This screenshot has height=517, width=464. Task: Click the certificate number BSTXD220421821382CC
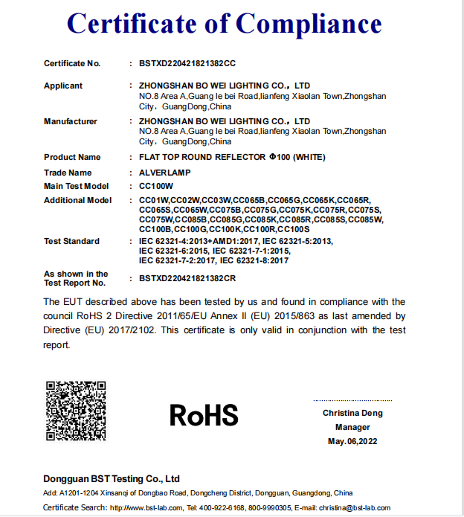pos(187,63)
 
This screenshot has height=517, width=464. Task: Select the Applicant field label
pos(63,86)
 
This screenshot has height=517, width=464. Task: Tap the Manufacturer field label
pos(71,121)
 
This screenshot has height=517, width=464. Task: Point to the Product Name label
pos(72,157)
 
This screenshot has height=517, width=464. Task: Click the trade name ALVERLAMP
pos(167,173)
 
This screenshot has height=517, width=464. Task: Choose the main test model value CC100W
pos(156,186)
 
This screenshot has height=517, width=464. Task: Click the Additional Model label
pos(77,200)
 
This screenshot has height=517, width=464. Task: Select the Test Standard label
pos(71,241)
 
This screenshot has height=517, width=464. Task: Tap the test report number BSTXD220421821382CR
pos(187,278)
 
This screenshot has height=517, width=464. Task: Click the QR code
pos(76,411)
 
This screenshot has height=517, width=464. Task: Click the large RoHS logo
pos(204,414)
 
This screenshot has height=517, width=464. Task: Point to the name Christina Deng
pos(352,413)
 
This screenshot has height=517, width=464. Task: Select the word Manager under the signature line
pos(352,427)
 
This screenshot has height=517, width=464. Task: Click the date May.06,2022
pos(352,441)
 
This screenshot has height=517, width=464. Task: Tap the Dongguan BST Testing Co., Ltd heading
pos(112,478)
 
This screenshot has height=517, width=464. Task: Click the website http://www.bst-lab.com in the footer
pos(146,507)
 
